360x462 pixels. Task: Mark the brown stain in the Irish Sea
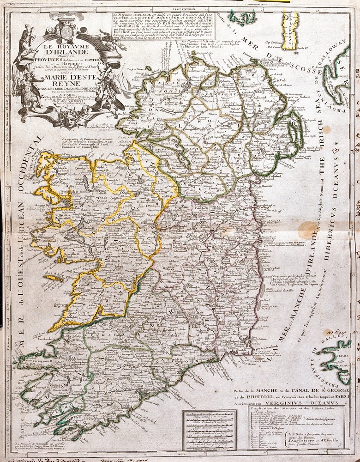(307, 230)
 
